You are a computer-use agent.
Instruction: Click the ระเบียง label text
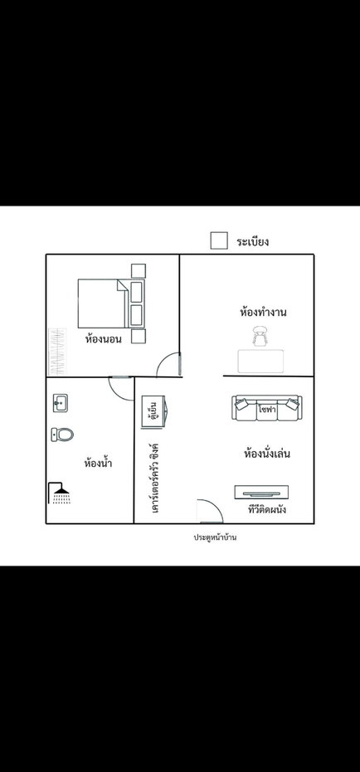(253, 242)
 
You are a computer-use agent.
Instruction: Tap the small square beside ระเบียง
(219, 240)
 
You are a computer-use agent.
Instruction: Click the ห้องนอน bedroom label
(104, 339)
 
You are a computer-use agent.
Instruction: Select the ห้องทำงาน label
(264, 312)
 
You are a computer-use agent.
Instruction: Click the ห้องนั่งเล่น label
(267, 453)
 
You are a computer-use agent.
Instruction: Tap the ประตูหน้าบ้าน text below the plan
(215, 537)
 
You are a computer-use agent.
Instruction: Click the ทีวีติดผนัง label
(267, 509)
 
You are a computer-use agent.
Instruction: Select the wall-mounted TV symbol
(261, 492)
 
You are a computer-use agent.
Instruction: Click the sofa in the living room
(267, 408)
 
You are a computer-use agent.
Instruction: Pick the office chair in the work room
(260, 337)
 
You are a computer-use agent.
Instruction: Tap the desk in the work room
(260, 362)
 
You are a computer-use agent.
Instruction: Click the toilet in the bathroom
(62, 435)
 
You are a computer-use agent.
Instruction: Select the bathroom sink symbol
(61, 403)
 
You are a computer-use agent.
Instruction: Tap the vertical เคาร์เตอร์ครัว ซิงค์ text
(155, 478)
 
